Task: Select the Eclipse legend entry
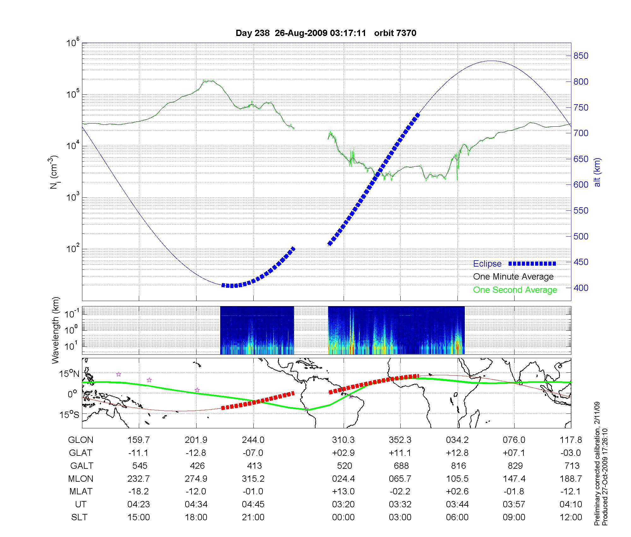tap(487, 264)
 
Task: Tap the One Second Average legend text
tap(515, 290)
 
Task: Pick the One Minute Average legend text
tap(513, 277)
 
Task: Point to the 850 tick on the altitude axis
tap(581, 56)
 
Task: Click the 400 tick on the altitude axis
tap(581, 288)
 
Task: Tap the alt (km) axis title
tap(597, 172)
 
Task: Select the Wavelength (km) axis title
tap(56, 330)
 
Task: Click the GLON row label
tap(81, 440)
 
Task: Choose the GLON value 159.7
tap(139, 440)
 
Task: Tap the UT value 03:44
tap(457, 504)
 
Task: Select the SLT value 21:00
tap(253, 517)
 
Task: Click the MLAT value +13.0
tap(343, 492)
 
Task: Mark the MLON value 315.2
tap(253, 479)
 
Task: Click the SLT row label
tap(79, 517)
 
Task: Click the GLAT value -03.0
tap(570, 453)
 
